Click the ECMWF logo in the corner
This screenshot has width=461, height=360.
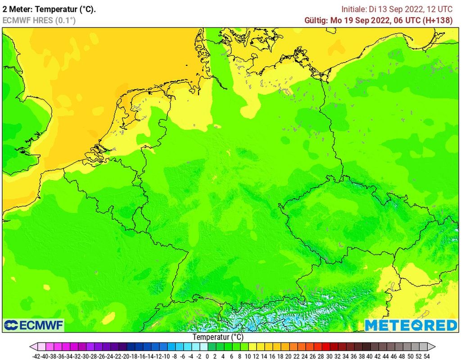(34, 325)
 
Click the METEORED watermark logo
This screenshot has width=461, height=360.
(411, 325)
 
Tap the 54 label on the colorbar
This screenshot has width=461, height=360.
(426, 356)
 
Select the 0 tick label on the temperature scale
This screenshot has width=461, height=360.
(208, 356)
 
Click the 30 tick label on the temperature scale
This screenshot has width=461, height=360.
(329, 356)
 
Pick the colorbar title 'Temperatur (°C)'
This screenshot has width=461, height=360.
(218, 337)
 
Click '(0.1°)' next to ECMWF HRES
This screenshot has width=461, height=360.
(65, 20)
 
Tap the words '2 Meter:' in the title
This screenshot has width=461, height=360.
(17, 9)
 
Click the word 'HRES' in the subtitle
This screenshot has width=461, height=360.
(42, 20)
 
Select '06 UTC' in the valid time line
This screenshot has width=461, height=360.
(408, 20)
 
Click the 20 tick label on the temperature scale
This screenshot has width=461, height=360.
(289, 356)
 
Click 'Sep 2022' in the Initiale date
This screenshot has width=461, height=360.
(407, 9)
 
